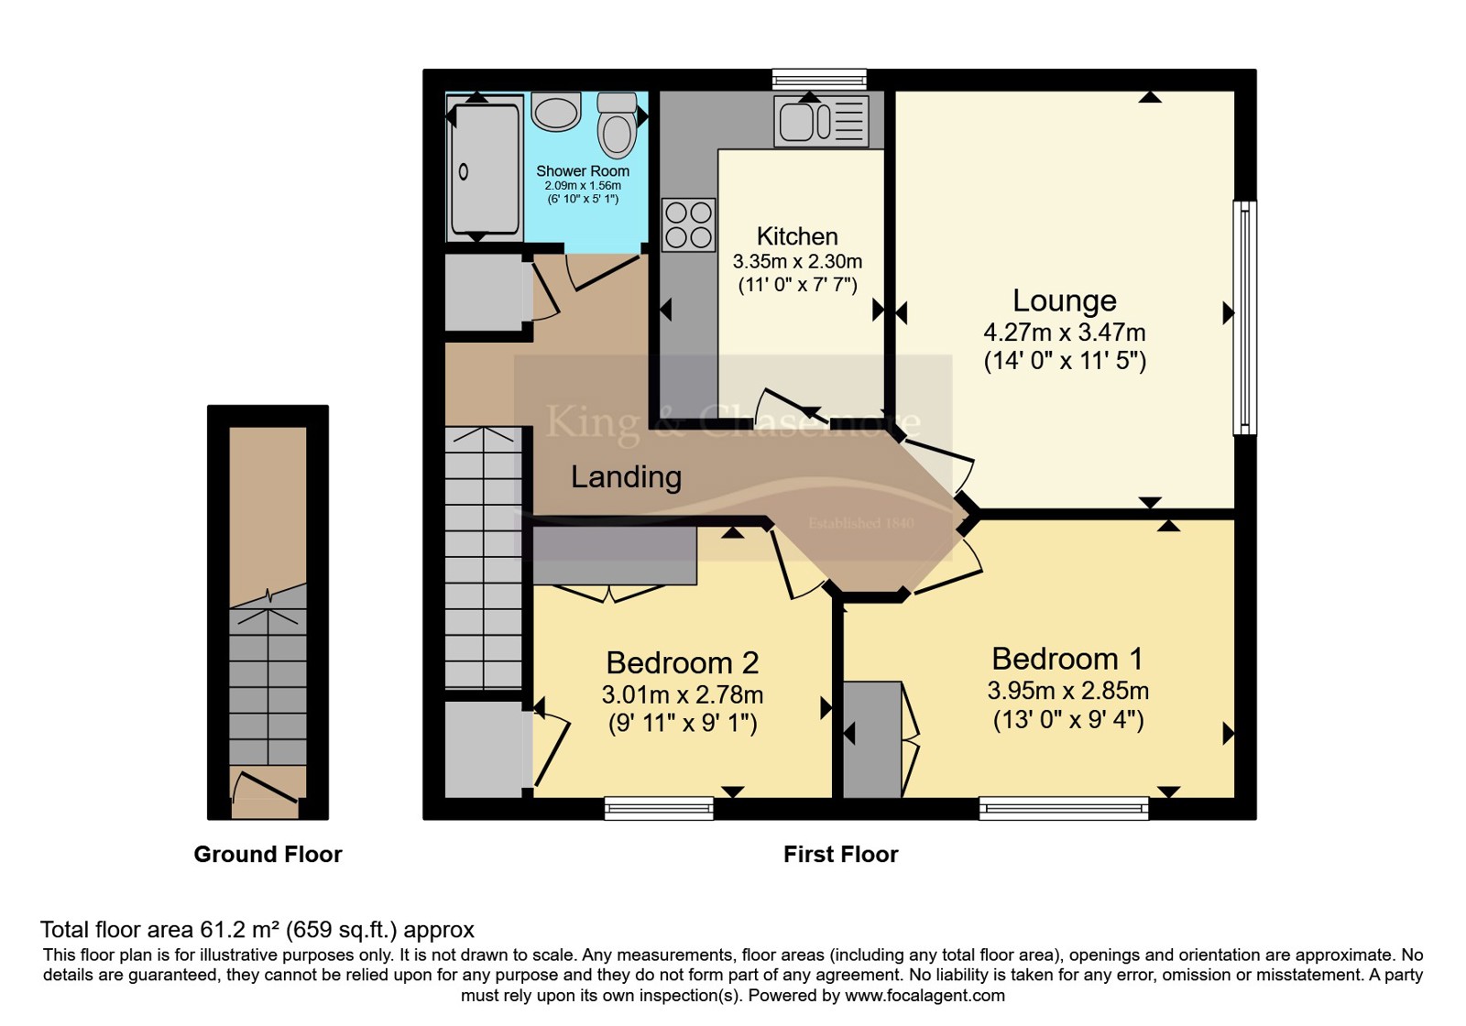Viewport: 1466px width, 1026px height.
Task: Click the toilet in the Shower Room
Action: pos(617,125)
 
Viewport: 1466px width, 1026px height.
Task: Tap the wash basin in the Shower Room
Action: pos(555,111)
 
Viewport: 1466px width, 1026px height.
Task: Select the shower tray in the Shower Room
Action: pos(485,169)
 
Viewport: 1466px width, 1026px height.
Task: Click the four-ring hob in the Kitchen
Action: pos(688,225)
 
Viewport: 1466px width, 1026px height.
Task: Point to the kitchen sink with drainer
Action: pos(821,122)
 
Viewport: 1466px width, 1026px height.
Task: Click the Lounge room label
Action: pos(1065,300)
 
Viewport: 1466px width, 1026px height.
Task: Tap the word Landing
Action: pos(627,477)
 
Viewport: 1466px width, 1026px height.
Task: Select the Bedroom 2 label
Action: pos(683,663)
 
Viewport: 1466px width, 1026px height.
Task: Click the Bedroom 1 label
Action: pos(1067,659)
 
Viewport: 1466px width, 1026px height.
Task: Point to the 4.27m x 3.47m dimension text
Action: pos(1065,333)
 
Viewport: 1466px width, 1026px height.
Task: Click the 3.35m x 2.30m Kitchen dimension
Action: pos(797,262)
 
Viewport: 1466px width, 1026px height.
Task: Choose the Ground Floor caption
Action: pos(268,854)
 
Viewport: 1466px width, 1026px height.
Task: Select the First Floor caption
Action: pos(840,854)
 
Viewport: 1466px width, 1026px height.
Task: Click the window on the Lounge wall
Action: pos(1245,317)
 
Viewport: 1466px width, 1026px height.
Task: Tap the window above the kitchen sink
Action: pos(819,79)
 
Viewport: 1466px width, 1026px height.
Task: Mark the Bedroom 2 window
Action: pos(659,808)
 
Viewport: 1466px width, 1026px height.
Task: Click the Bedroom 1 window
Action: pos(1064,808)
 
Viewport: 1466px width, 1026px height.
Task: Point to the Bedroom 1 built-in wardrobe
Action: pos(872,739)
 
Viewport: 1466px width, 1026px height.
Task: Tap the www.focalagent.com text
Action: pos(924,995)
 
